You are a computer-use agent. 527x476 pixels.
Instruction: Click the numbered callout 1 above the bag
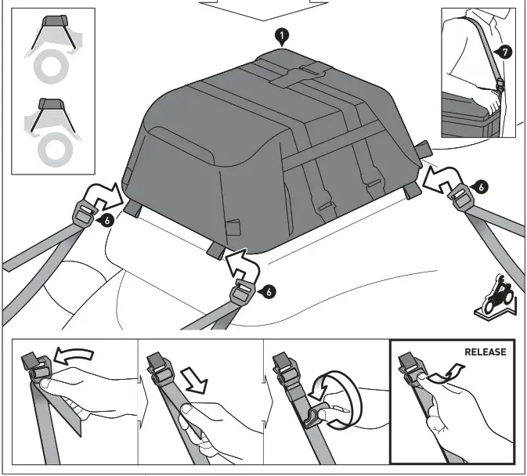click(280, 36)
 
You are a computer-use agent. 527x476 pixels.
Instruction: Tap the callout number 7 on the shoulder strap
click(505, 52)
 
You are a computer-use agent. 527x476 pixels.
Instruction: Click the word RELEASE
click(485, 352)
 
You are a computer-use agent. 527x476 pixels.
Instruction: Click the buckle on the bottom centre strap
click(243, 295)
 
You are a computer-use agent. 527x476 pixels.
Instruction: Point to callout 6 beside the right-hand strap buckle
click(481, 186)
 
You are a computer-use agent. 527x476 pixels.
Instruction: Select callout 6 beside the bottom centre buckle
click(269, 291)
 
